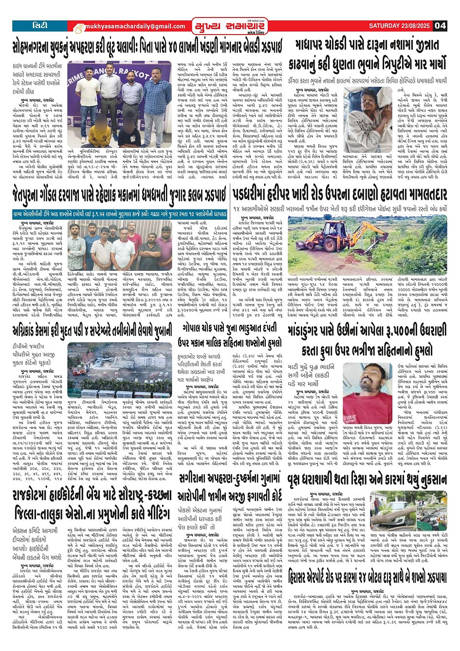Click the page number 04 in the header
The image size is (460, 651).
440,25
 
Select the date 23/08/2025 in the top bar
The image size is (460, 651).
413,25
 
